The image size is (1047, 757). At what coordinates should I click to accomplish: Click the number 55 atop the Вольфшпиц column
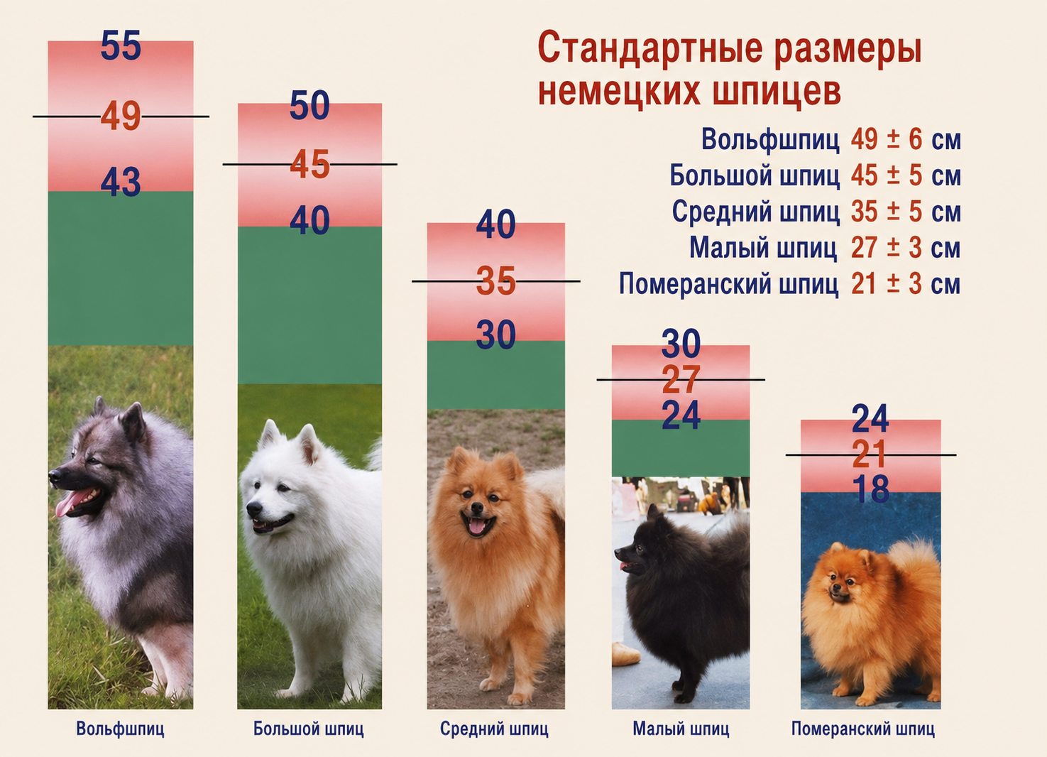tap(121, 45)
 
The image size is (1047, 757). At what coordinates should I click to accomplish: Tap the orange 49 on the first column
tap(121, 116)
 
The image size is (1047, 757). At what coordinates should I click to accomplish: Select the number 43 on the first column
tap(121, 181)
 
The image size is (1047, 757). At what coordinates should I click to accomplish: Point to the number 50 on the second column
tap(309, 105)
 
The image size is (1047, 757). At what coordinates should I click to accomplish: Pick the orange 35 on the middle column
tap(496, 281)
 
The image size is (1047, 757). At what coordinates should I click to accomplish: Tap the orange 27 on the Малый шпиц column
tap(681, 379)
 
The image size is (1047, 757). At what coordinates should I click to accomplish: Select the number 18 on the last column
tap(870, 489)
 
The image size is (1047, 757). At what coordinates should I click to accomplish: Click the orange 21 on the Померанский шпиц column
tap(870, 454)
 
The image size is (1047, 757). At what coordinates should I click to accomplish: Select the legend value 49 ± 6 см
tap(906, 139)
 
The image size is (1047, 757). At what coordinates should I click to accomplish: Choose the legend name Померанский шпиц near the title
tap(729, 283)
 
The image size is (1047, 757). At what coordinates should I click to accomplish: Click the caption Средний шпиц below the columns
tap(494, 728)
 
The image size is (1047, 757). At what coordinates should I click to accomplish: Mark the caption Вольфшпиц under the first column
tap(120, 728)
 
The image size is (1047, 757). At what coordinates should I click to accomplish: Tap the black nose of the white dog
tap(254, 508)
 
